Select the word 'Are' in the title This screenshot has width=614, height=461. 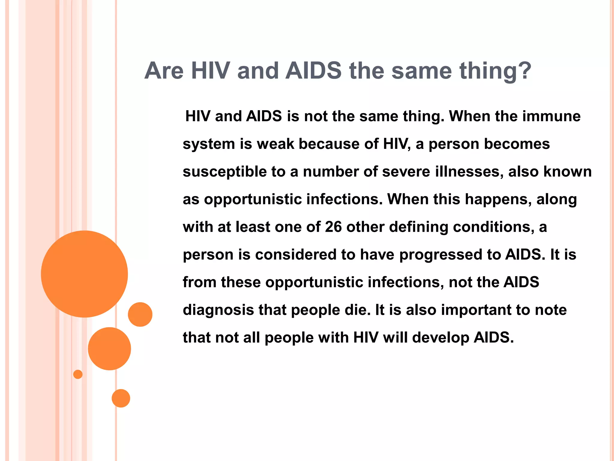[x=164, y=71]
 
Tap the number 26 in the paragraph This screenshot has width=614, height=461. [x=333, y=227]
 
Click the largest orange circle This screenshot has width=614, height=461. [x=84, y=274]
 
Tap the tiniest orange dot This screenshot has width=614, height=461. [x=78, y=374]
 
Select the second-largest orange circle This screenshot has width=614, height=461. [x=109, y=348]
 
